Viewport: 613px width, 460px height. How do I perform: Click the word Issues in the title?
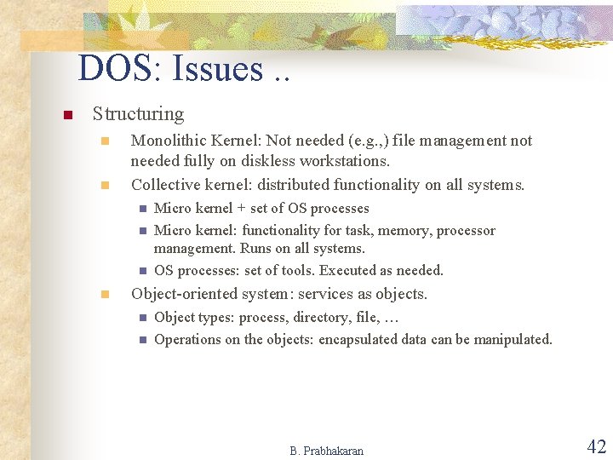(x=217, y=69)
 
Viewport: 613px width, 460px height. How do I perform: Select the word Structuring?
(x=138, y=113)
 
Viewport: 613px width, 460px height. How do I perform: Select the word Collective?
(x=165, y=184)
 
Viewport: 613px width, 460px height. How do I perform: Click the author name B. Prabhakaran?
(x=326, y=451)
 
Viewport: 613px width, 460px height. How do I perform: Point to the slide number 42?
(x=596, y=446)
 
